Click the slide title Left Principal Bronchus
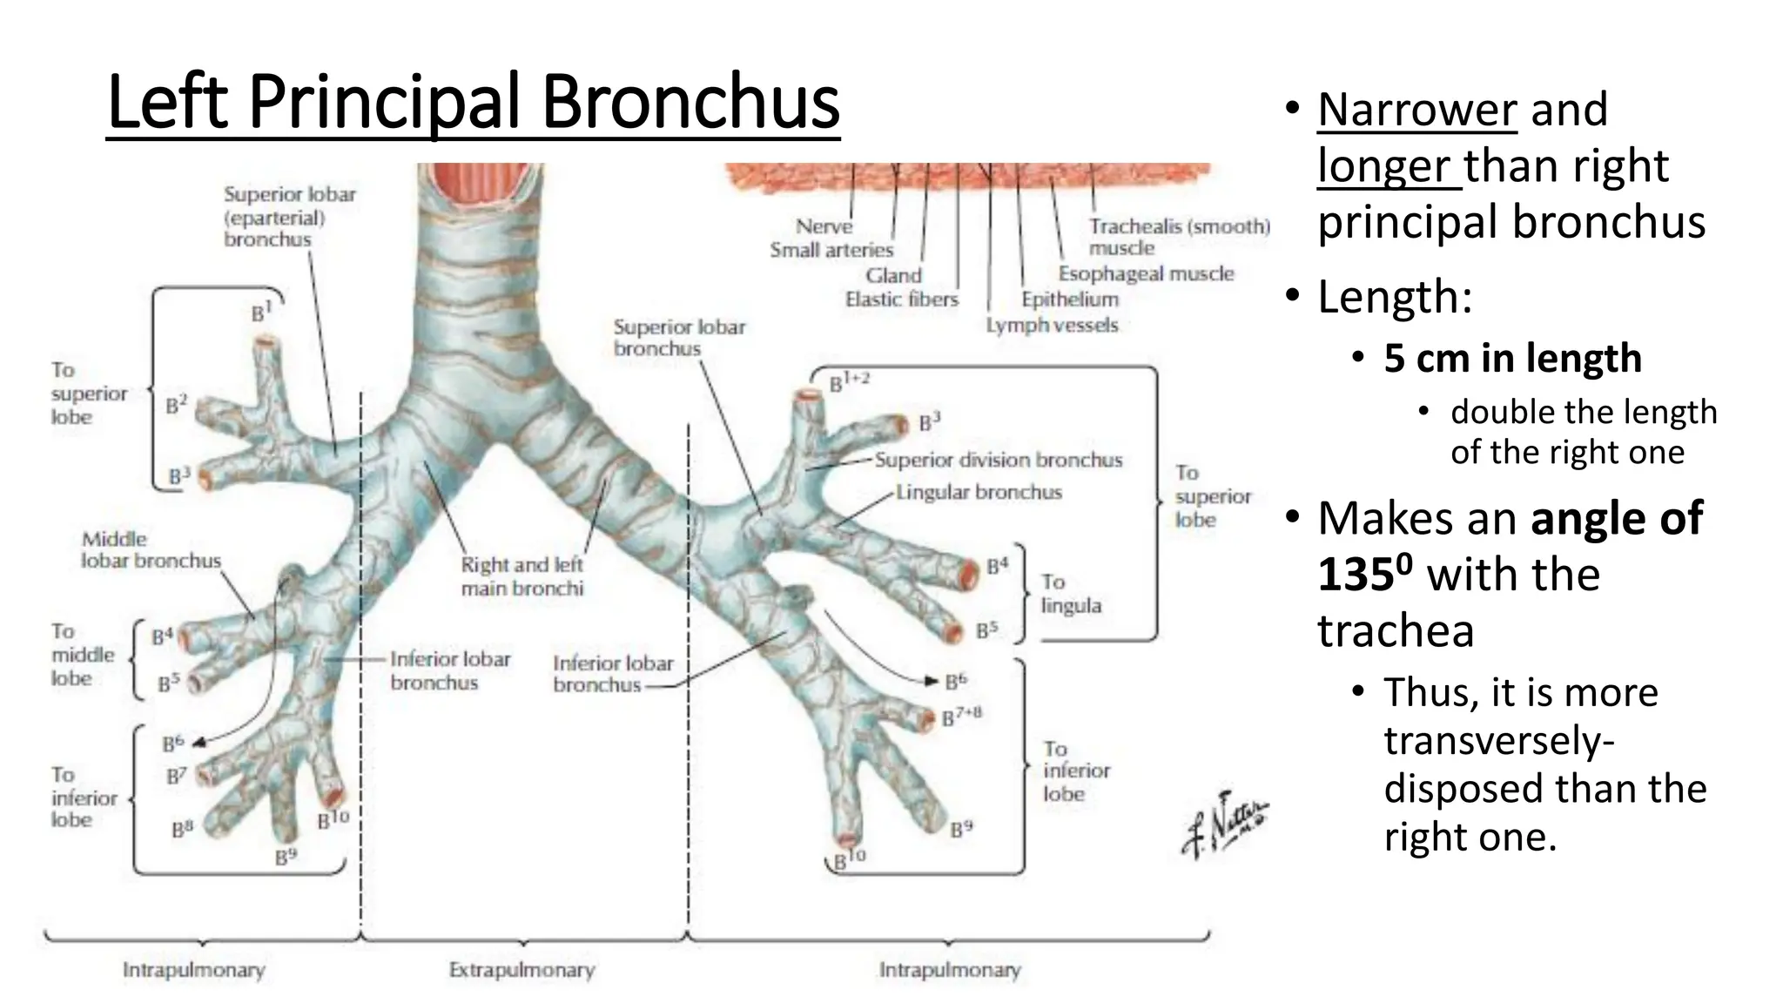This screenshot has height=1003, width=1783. click(x=473, y=103)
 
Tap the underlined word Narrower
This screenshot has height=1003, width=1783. click(x=1416, y=111)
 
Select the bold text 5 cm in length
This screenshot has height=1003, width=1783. click(x=1512, y=359)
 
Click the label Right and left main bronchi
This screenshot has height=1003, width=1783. click(x=521, y=576)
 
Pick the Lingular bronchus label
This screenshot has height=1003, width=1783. click(x=979, y=493)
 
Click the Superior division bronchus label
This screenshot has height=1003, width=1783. click(x=998, y=460)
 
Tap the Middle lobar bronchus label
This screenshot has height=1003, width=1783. click(x=151, y=550)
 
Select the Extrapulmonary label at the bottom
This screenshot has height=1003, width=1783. click(x=521, y=970)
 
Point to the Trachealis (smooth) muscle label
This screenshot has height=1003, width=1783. click(x=1178, y=237)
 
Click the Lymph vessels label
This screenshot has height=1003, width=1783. click(x=1052, y=326)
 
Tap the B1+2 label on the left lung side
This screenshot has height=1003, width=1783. click(x=849, y=382)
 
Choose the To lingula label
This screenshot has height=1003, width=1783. click(x=1070, y=594)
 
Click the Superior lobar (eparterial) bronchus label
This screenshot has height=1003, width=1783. click(x=289, y=217)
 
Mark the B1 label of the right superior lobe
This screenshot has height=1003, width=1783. click(x=261, y=312)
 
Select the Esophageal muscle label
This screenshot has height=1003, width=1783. click(x=1146, y=273)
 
